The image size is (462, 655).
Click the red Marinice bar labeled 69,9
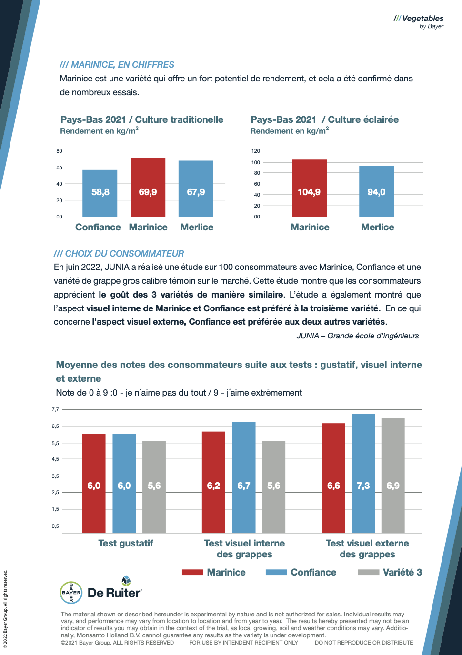[148, 187]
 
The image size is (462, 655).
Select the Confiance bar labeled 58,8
[100, 193]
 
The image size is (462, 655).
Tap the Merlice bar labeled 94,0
[376, 191]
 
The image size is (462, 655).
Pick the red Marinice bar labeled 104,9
[310, 188]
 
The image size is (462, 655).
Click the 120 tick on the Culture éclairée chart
[256, 151]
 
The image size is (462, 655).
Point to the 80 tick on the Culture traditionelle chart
[59, 151]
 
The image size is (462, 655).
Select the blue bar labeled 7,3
[363, 473]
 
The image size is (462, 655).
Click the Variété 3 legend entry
[390, 572]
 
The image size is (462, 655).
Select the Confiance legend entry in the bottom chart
[301, 572]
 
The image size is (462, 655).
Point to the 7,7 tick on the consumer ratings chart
[55, 409]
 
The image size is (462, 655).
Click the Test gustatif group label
[126, 543]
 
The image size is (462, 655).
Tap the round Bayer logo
[71, 593]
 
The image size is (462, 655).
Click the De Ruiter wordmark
[114, 593]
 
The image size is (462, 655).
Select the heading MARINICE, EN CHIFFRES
[117, 65]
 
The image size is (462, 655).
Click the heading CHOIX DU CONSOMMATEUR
[119, 254]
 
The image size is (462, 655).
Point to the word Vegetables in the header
[422, 19]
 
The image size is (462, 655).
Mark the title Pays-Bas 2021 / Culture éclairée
[324, 119]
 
